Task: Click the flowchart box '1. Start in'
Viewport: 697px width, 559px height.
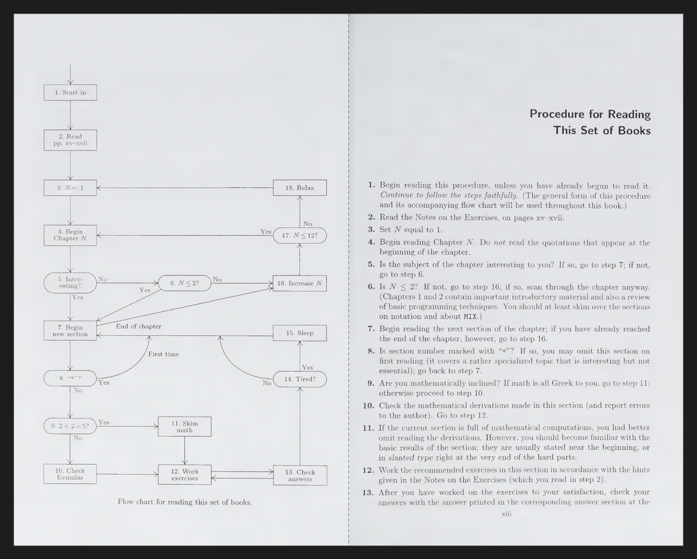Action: pos(70,92)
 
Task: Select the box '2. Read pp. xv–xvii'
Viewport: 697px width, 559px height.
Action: pos(70,140)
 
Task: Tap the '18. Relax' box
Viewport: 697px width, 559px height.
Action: pos(299,188)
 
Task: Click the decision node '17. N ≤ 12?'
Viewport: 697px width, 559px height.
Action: pos(300,235)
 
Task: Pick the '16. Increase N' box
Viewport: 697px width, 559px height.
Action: pos(299,283)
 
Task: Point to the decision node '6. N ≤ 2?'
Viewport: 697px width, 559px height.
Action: pos(184,283)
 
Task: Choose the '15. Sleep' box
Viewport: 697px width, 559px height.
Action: pos(299,333)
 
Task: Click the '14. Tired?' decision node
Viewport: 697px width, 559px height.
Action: pos(300,379)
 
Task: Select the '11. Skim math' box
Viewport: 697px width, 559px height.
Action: pos(184,427)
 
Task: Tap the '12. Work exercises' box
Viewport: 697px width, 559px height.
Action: pos(184,475)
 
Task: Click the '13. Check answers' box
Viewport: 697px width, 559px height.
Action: pos(299,475)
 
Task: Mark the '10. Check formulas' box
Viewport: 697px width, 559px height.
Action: pos(70,474)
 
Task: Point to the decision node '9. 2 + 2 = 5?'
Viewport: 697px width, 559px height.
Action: pos(70,426)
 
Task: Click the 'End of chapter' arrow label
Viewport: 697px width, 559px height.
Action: pos(139,326)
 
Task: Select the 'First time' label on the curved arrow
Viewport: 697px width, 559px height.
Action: pos(164,354)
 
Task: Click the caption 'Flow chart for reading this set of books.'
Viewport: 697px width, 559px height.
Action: pos(184,502)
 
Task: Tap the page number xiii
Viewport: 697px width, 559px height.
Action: pos(507,514)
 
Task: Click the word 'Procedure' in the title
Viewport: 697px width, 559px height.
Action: pos(566,114)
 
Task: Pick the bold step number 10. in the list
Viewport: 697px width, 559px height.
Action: pos(368,406)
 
